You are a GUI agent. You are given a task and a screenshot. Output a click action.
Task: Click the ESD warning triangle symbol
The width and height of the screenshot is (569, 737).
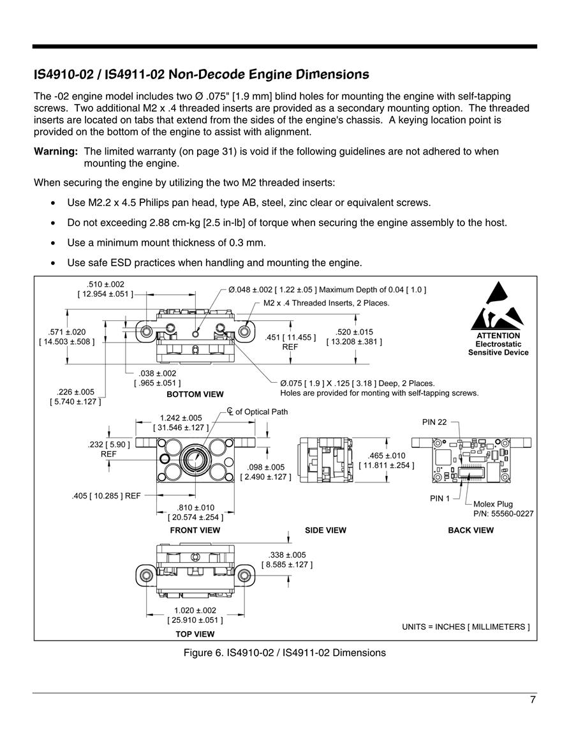[x=498, y=306]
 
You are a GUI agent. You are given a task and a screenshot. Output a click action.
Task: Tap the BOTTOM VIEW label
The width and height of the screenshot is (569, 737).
[x=195, y=394]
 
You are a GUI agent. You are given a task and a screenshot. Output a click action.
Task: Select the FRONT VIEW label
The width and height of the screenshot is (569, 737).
[x=195, y=530]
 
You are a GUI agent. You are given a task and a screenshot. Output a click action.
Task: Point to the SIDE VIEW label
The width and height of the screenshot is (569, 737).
[x=325, y=530]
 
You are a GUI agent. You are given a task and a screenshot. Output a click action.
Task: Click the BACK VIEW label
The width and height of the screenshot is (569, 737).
[x=471, y=530]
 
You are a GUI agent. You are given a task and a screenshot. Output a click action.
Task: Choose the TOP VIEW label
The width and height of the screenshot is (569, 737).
[x=195, y=634]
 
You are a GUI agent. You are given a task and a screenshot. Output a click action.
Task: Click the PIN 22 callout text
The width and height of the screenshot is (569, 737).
[x=434, y=422]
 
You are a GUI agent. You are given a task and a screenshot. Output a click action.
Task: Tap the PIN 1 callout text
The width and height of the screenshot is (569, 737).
[x=440, y=498]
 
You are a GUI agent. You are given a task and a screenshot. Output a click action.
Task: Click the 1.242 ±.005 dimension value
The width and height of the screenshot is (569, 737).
[x=181, y=418]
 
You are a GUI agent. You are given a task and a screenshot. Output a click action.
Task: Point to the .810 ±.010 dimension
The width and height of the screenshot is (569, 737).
[x=195, y=508]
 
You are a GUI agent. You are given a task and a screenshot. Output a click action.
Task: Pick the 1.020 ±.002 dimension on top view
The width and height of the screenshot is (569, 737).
[x=195, y=611]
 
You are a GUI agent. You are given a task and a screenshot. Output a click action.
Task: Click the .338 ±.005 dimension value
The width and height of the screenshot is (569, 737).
[x=287, y=555]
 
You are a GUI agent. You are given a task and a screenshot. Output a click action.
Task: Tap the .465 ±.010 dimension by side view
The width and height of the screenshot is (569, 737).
[x=387, y=456]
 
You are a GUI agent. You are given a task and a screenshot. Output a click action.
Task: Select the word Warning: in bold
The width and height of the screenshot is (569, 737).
[x=55, y=151]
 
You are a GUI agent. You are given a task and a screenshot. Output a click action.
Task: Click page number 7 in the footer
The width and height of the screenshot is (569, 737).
[x=533, y=700]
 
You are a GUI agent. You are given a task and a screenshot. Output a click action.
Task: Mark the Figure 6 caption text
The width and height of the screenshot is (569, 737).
[x=284, y=653]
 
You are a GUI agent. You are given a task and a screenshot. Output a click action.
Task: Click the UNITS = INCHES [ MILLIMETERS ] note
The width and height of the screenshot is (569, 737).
[x=466, y=627]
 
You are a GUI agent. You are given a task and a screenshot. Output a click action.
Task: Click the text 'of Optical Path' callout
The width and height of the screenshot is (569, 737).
[x=262, y=412]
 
